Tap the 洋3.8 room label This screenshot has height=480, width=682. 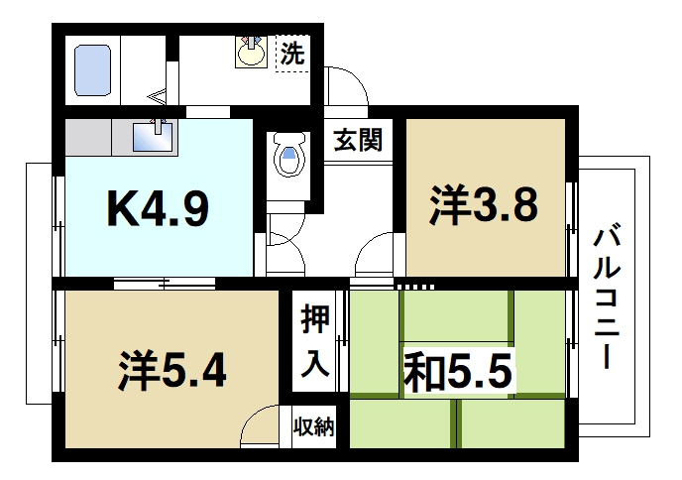pyautogui.click(x=484, y=205)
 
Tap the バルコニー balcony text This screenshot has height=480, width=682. pyautogui.click(x=606, y=298)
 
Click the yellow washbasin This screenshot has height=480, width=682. pyautogui.click(x=251, y=52)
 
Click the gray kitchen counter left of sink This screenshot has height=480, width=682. pyautogui.click(x=94, y=136)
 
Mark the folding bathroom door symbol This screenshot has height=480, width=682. pyautogui.click(x=159, y=96)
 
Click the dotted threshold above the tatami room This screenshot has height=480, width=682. pyautogui.click(x=416, y=287)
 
